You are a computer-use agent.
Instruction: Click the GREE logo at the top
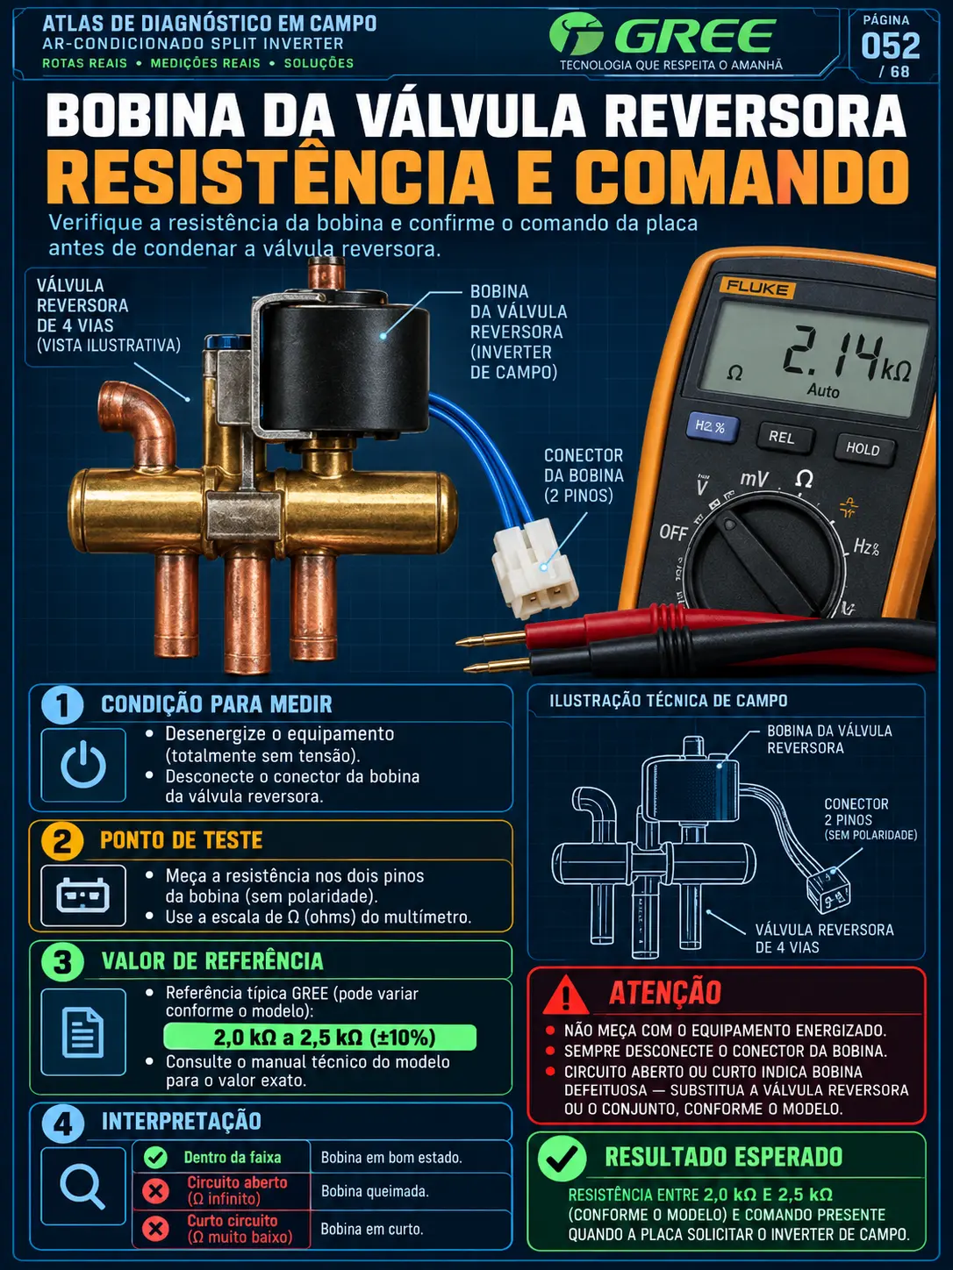tap(662, 35)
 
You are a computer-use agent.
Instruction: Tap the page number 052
tap(890, 46)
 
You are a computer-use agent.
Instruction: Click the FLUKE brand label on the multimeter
tap(756, 288)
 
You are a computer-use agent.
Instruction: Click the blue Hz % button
tap(711, 428)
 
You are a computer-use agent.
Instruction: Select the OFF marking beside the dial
tap(673, 532)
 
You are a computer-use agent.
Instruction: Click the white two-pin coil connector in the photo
tap(535, 566)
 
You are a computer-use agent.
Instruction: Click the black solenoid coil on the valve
tap(346, 360)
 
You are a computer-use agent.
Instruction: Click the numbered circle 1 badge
tap(62, 703)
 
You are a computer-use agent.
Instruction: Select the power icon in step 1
tap(83, 764)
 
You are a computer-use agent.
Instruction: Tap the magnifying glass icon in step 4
tap(82, 1185)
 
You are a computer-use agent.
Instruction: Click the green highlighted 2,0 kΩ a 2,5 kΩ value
tap(320, 1037)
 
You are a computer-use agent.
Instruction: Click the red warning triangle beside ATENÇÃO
tap(566, 995)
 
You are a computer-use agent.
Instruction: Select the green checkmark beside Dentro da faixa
tap(155, 1157)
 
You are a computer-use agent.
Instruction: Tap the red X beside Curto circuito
tap(155, 1229)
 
